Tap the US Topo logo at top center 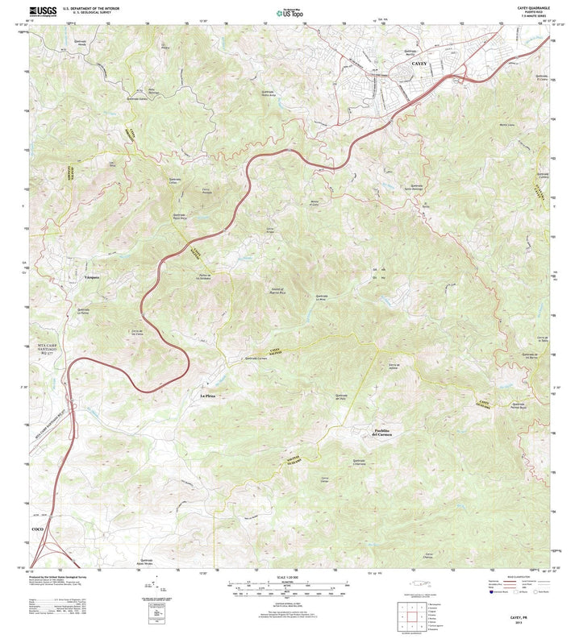pos(288,13)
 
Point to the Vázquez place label pos(91,276)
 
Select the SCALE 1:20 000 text pos(287,576)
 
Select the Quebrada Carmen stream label pos(256,357)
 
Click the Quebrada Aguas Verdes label pos(147,562)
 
